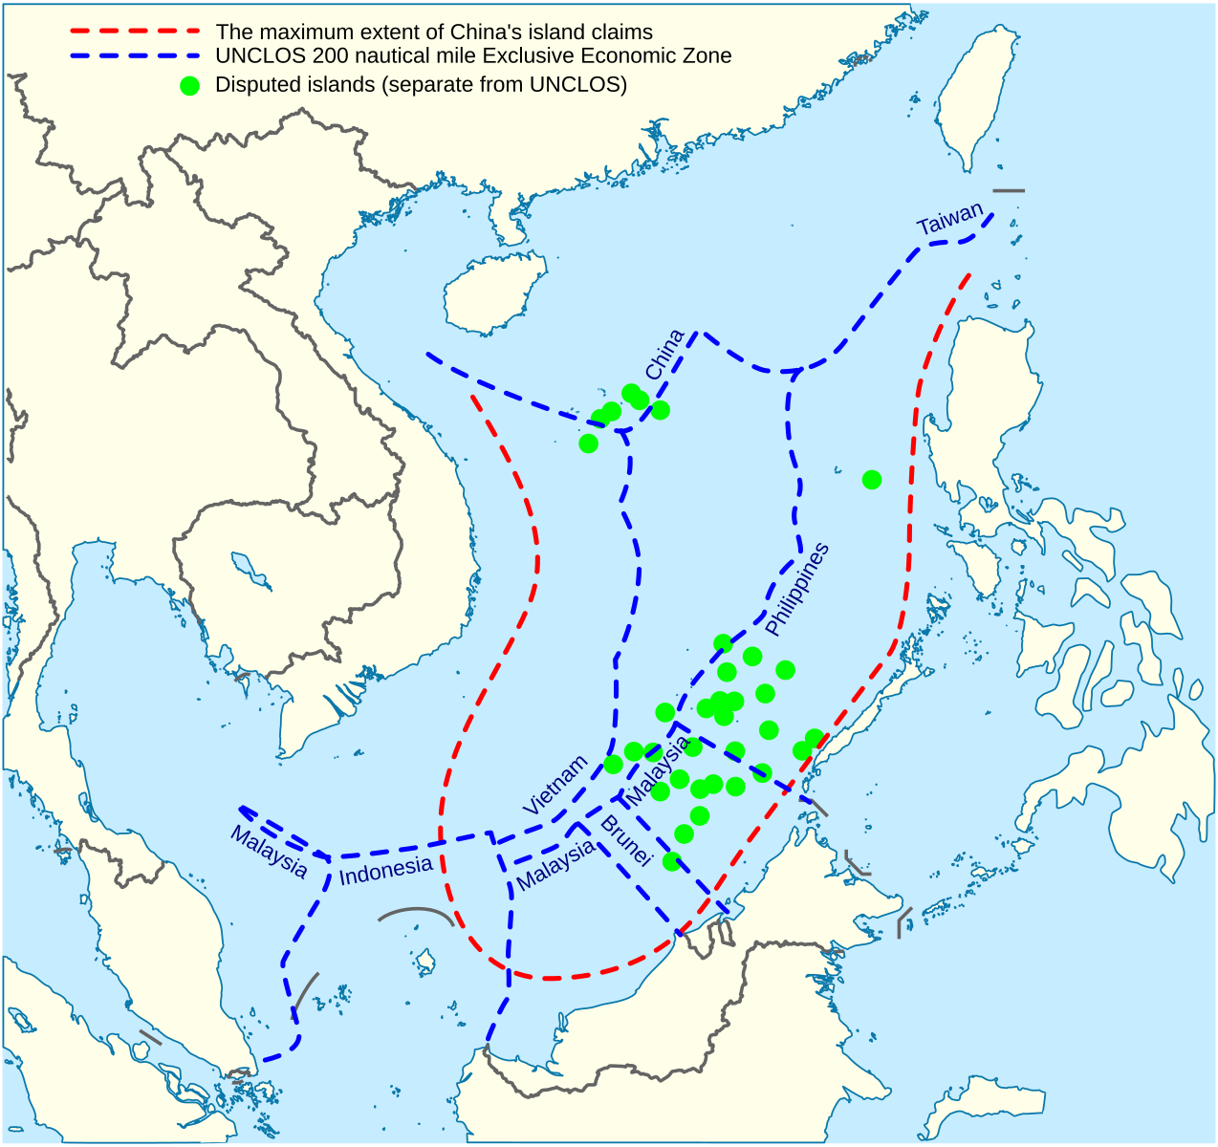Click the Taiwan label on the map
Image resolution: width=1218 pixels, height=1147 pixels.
click(948, 220)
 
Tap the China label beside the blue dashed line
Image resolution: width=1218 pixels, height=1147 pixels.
click(664, 355)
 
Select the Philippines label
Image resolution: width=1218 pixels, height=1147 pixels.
click(796, 589)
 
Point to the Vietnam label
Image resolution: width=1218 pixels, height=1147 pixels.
click(555, 786)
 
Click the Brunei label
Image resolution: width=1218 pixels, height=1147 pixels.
click(625, 841)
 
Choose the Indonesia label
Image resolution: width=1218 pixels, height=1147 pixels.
click(386, 870)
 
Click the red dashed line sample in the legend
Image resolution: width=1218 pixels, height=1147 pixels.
click(135, 32)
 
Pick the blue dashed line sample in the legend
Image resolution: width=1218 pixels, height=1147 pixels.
click(135, 56)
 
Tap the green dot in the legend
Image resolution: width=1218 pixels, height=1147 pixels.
click(190, 85)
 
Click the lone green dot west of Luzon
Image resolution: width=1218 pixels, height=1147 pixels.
click(872, 480)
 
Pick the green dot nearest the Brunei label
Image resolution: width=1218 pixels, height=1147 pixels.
click(672, 861)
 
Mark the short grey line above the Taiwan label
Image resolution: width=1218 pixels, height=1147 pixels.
click(1009, 191)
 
